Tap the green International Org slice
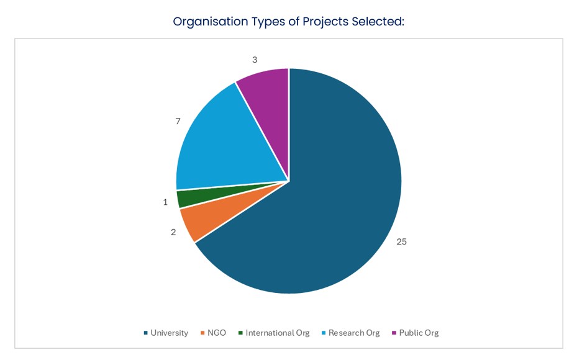[186, 197]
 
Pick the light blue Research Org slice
[217, 146]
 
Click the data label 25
[401, 241]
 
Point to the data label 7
[178, 121]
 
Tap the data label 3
[255, 60]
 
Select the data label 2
[173, 232]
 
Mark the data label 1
[165, 202]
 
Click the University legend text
[169, 333]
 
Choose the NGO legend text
[217, 333]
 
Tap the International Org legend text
[277, 333]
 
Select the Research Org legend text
[353, 333]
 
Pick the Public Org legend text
[419, 333]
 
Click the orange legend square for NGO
[202, 333]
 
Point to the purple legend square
[394, 333]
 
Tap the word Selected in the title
[378, 22]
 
